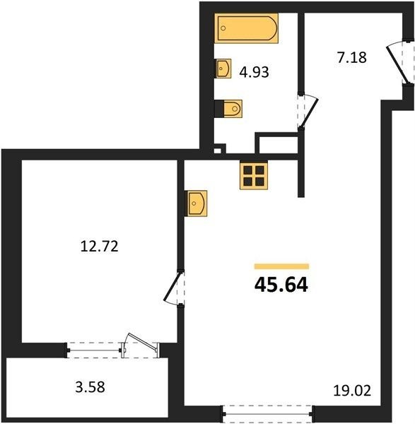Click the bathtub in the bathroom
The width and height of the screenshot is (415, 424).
(x=247, y=28)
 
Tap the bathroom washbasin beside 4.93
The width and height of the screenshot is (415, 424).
(x=223, y=69)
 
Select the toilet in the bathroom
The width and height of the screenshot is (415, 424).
(x=228, y=109)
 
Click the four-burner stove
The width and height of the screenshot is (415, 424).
(x=254, y=176)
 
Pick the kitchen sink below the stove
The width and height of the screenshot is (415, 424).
(x=196, y=204)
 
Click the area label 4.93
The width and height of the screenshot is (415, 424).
(x=254, y=72)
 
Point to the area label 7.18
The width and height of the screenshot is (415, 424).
(x=351, y=58)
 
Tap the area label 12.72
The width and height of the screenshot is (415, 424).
(x=99, y=247)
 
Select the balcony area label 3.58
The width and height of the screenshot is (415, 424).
(x=90, y=387)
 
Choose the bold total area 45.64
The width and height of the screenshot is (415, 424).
(x=281, y=285)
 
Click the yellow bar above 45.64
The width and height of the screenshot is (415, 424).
(x=281, y=266)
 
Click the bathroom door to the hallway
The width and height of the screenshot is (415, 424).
(x=308, y=112)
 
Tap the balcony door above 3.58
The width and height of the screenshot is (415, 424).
(x=140, y=346)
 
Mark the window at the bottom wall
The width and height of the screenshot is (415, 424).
(x=267, y=413)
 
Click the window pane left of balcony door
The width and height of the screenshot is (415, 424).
(x=94, y=351)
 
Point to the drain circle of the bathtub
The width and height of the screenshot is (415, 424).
(x=223, y=28)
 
